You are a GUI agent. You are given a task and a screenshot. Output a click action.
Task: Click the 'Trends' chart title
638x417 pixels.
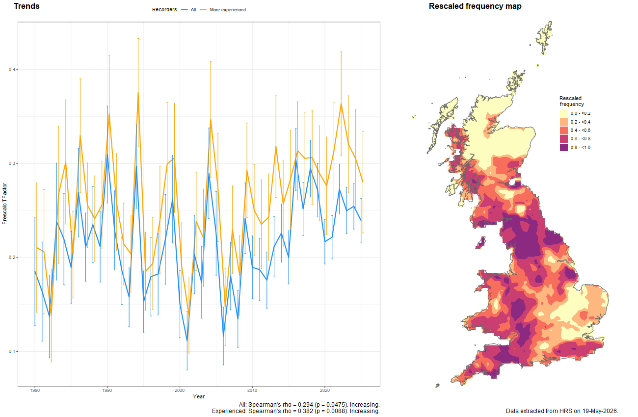pos(27,6)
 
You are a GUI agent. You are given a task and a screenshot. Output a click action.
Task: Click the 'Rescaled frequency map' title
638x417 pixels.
pos(475,6)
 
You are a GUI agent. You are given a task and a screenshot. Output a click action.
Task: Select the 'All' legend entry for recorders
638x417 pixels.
pos(188,10)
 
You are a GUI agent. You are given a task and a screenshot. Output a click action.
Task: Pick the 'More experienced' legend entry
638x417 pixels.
pos(223,10)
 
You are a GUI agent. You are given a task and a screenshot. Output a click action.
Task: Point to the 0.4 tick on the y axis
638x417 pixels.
pos(12,70)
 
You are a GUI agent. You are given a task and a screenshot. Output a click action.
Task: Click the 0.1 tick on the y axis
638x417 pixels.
pos(12,351)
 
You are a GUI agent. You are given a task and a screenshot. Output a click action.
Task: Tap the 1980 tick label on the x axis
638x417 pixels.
pos(35,391)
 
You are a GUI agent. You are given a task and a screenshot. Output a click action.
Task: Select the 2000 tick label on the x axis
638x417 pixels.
pos(180,391)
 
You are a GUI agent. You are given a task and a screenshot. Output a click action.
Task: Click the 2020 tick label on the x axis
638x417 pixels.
pos(325,391)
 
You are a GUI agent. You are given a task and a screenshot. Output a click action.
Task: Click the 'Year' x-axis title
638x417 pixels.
pos(199,396)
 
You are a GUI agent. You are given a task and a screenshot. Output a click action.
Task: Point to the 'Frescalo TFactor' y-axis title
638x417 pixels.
pos(4,204)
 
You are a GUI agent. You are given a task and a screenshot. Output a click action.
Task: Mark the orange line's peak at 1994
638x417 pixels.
pos(138,93)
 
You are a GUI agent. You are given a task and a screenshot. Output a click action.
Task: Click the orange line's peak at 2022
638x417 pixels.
pos(341,104)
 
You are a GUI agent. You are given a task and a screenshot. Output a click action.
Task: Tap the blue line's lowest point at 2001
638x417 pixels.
pos(187,341)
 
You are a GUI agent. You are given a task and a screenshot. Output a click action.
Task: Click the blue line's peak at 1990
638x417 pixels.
pos(107,155)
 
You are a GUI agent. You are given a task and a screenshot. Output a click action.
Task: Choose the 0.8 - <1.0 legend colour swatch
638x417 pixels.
pos(564,148)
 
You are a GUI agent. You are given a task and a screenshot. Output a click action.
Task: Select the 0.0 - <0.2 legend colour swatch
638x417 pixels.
pos(564,113)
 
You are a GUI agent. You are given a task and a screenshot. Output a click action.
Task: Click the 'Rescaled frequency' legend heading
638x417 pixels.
pos(572,101)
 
